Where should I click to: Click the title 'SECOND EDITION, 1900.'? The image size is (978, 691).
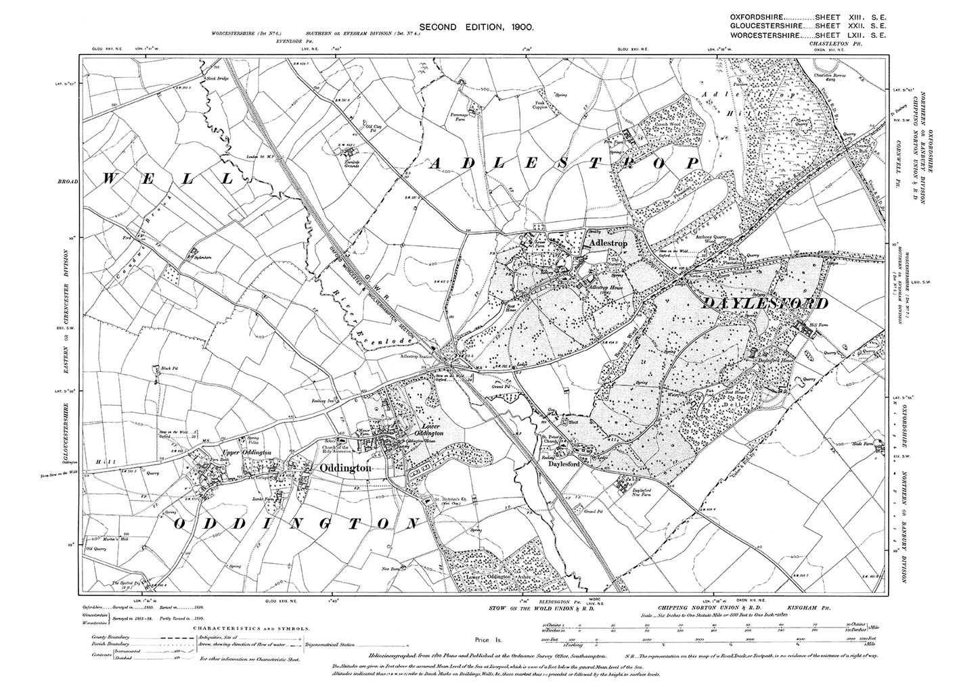click(x=478, y=26)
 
